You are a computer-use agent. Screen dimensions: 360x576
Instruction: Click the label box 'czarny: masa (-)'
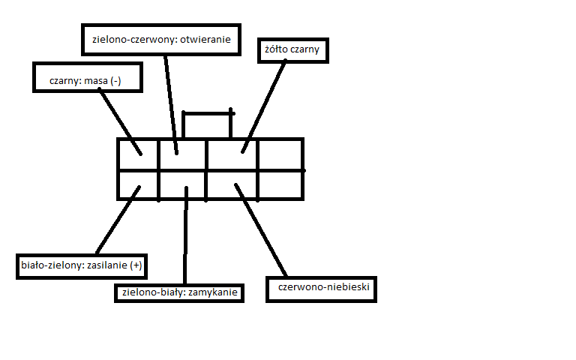tap(88, 78)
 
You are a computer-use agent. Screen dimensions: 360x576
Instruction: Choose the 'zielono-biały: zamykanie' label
tap(179, 293)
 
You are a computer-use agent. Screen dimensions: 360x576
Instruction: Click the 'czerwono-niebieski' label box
tap(322, 287)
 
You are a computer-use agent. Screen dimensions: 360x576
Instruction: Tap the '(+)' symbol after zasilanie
tap(136, 265)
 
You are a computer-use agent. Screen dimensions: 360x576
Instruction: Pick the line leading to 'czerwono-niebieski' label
tap(262, 229)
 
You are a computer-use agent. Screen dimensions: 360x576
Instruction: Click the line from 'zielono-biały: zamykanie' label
tap(184, 240)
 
